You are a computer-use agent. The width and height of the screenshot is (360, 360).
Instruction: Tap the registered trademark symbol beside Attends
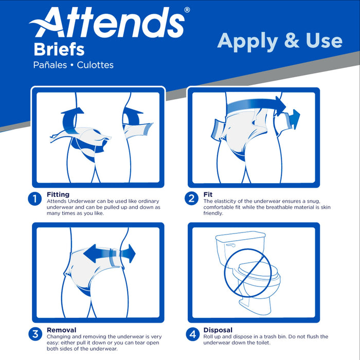pyautogui.click(x=187, y=10)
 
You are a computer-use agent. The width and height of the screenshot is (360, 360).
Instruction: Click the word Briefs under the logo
pyautogui.click(x=59, y=50)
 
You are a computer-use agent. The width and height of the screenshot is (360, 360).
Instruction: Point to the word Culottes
pyautogui.click(x=95, y=65)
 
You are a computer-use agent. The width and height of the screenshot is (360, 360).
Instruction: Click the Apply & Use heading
pyautogui.click(x=279, y=41)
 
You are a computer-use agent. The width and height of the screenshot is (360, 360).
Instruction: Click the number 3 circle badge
pyautogui.click(x=35, y=334)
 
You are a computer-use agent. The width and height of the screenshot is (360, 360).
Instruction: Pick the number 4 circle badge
pyautogui.click(x=192, y=334)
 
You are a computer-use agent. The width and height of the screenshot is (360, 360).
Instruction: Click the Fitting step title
pyautogui.click(x=58, y=194)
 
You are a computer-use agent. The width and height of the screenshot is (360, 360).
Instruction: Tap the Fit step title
pyautogui.click(x=207, y=194)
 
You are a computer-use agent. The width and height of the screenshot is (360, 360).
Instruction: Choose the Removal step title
pyautogui.click(x=62, y=330)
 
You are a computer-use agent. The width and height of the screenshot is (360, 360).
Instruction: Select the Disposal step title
pyautogui.click(x=218, y=330)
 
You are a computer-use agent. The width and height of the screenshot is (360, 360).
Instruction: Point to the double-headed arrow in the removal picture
pyautogui.click(x=109, y=253)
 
